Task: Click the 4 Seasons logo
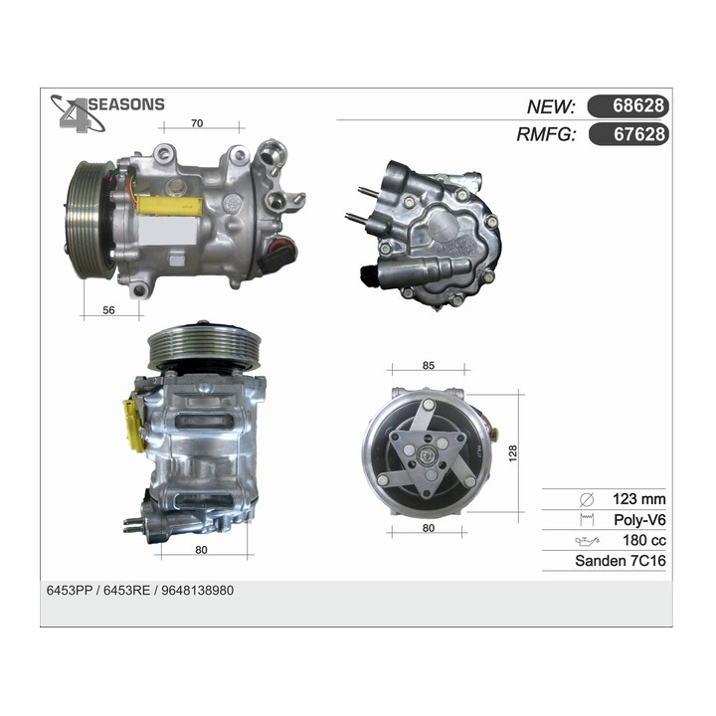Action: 107,110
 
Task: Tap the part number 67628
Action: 628,134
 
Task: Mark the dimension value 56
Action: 108,310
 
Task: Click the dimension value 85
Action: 429,365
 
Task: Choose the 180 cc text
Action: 643,541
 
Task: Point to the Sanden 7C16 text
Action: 620,562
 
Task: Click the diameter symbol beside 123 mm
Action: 586,499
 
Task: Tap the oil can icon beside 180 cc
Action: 586,541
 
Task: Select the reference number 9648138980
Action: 199,590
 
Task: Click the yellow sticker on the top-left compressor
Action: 171,206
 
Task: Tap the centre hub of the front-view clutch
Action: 429,457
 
